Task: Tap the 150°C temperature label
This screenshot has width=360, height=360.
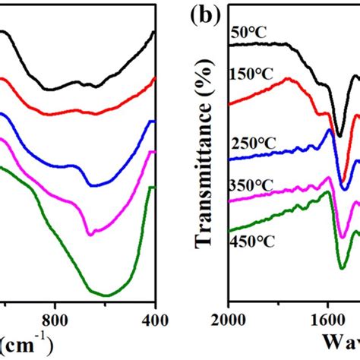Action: point(251,74)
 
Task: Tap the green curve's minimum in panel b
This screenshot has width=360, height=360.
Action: point(342,267)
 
